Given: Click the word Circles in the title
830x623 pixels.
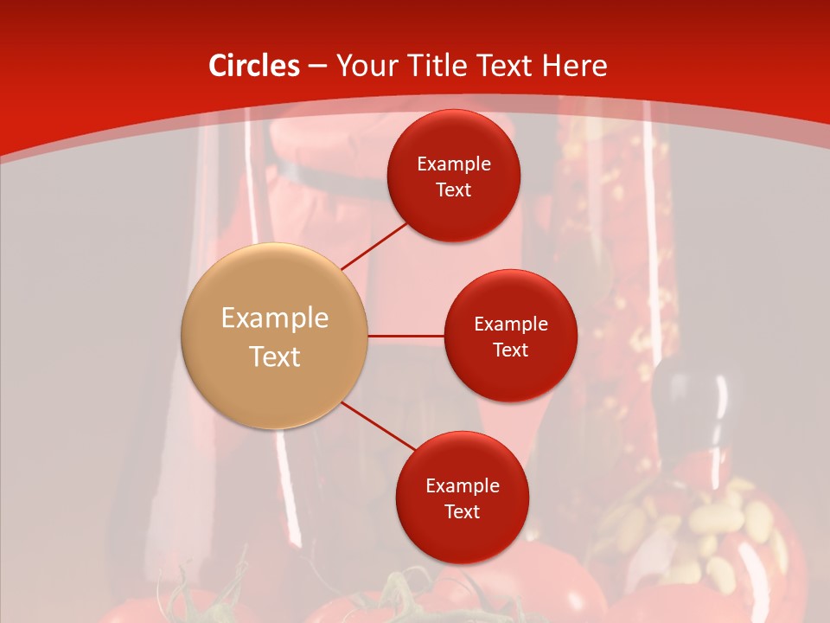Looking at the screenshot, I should tap(254, 66).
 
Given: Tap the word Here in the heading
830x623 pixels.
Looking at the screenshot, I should tap(575, 66).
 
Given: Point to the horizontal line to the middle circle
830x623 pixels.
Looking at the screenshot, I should tap(405, 336).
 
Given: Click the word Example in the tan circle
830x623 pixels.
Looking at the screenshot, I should tap(274, 318).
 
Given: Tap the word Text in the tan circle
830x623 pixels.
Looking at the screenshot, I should tap(274, 356).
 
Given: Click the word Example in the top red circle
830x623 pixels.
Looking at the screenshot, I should tap(453, 164).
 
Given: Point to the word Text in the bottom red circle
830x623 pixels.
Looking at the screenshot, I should tap(462, 512).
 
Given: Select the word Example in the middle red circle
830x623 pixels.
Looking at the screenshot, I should tap(510, 324).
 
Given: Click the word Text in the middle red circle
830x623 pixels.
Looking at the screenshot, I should tap(510, 350).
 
